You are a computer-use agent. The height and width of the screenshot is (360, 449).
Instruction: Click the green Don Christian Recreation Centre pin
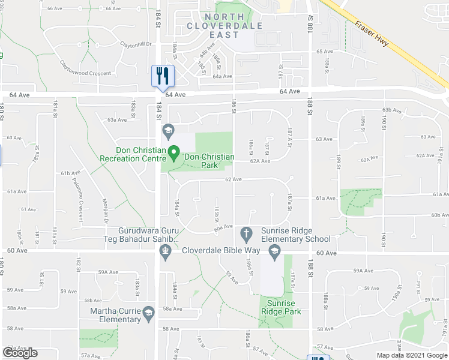(x=173, y=155)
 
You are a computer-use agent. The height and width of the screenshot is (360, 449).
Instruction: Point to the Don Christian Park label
(x=209, y=161)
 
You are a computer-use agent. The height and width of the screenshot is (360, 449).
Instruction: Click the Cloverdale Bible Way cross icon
(x=246, y=232)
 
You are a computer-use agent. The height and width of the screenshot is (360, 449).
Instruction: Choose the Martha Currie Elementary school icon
(x=149, y=312)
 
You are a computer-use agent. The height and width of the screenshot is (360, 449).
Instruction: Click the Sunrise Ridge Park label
(x=281, y=308)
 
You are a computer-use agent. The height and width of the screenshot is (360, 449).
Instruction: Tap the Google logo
(x=20, y=353)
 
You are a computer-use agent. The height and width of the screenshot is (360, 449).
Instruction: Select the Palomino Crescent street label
(x=80, y=205)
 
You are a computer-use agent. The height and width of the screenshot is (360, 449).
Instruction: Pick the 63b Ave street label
(x=391, y=110)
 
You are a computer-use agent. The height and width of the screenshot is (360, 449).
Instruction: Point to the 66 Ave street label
(x=54, y=8)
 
